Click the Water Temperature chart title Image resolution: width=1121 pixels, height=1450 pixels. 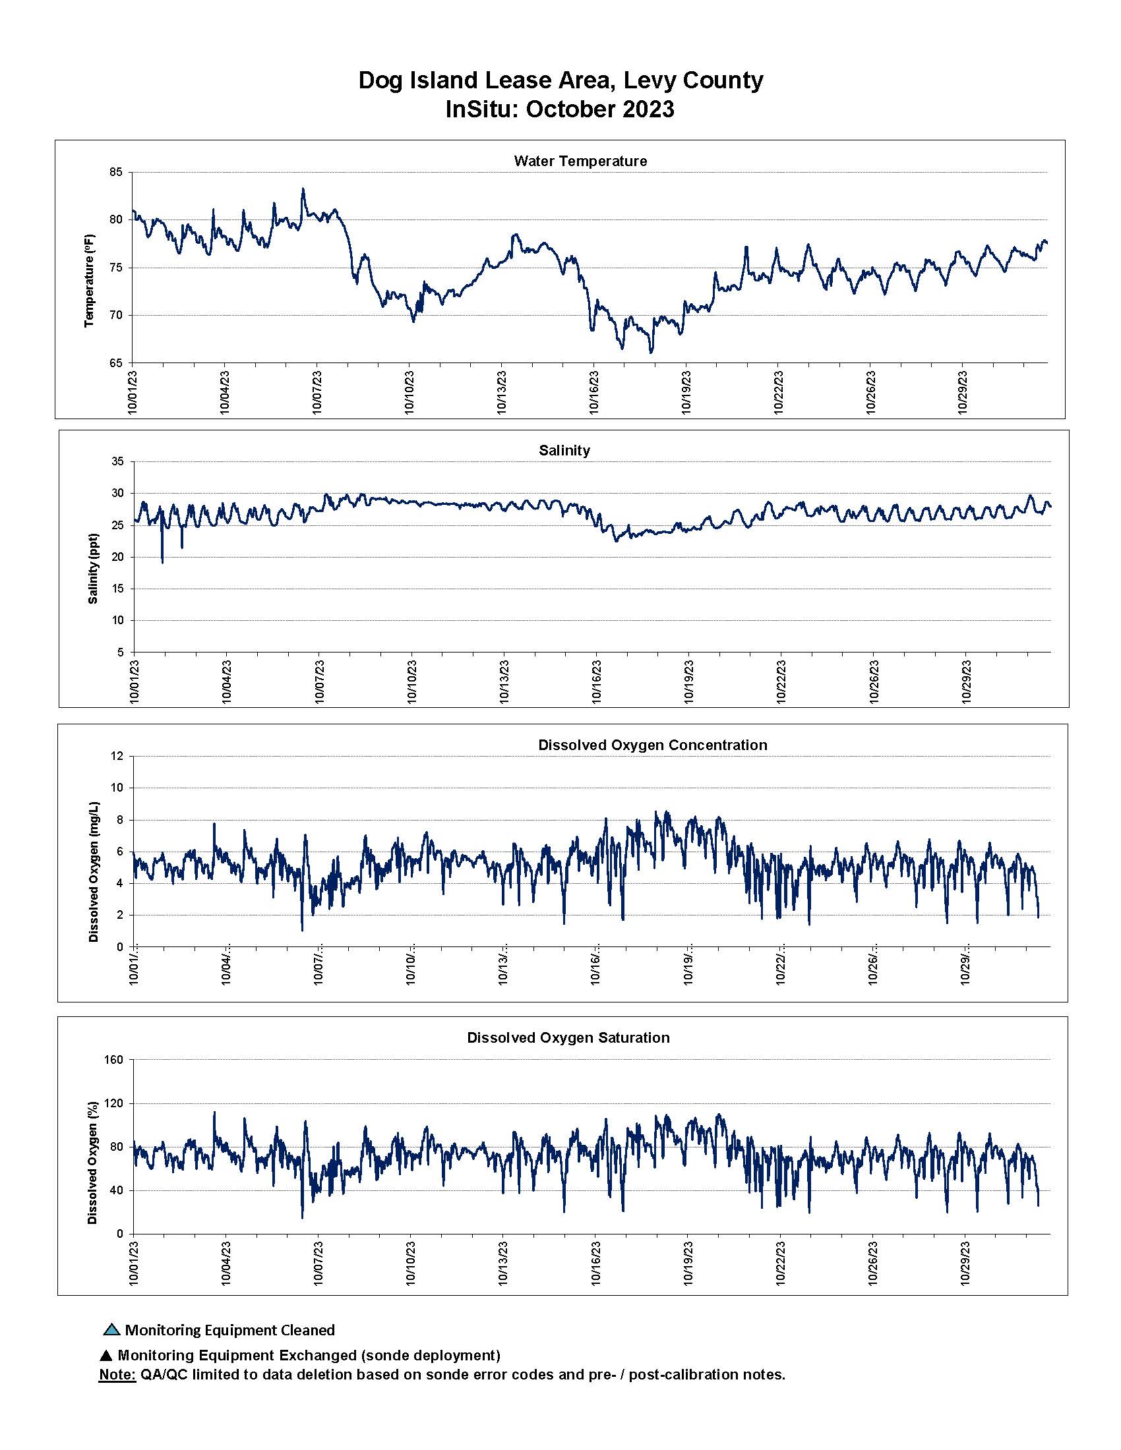pos(580,161)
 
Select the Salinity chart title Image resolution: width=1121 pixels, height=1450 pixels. pos(564,450)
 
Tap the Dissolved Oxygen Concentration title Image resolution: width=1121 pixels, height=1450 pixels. pos(652,745)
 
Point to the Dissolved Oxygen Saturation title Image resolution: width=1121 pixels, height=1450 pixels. pos(568,1037)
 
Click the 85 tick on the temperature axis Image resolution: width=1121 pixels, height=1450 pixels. pos(115,173)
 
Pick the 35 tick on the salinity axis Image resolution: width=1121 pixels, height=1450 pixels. pos(117,461)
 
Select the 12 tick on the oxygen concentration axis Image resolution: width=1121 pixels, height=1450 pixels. pos(117,756)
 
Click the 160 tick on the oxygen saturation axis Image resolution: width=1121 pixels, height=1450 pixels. pos(114,1060)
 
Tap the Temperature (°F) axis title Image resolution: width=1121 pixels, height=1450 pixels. pos(90,280)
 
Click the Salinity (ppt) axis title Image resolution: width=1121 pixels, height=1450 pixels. pos(93,568)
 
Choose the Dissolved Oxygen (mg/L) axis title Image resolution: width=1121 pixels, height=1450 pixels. pos(93,872)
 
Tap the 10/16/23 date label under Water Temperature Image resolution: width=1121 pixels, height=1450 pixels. pos(593,391)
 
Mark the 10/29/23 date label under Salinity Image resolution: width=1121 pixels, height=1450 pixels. pos(966,681)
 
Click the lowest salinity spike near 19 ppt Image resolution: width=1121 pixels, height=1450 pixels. pos(162,562)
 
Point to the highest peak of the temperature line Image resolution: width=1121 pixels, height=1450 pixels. pos(303,189)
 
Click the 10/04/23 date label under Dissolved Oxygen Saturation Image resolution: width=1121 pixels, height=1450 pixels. pos(226,1263)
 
